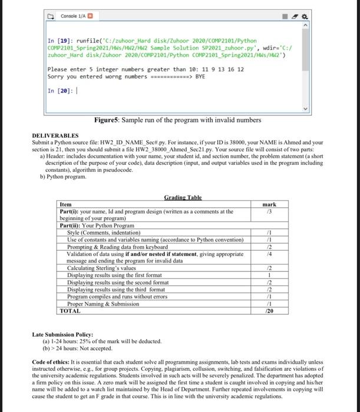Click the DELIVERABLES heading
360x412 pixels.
(x=57, y=136)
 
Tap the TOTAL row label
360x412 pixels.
(x=71, y=310)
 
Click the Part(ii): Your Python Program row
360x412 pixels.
(x=97, y=226)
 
